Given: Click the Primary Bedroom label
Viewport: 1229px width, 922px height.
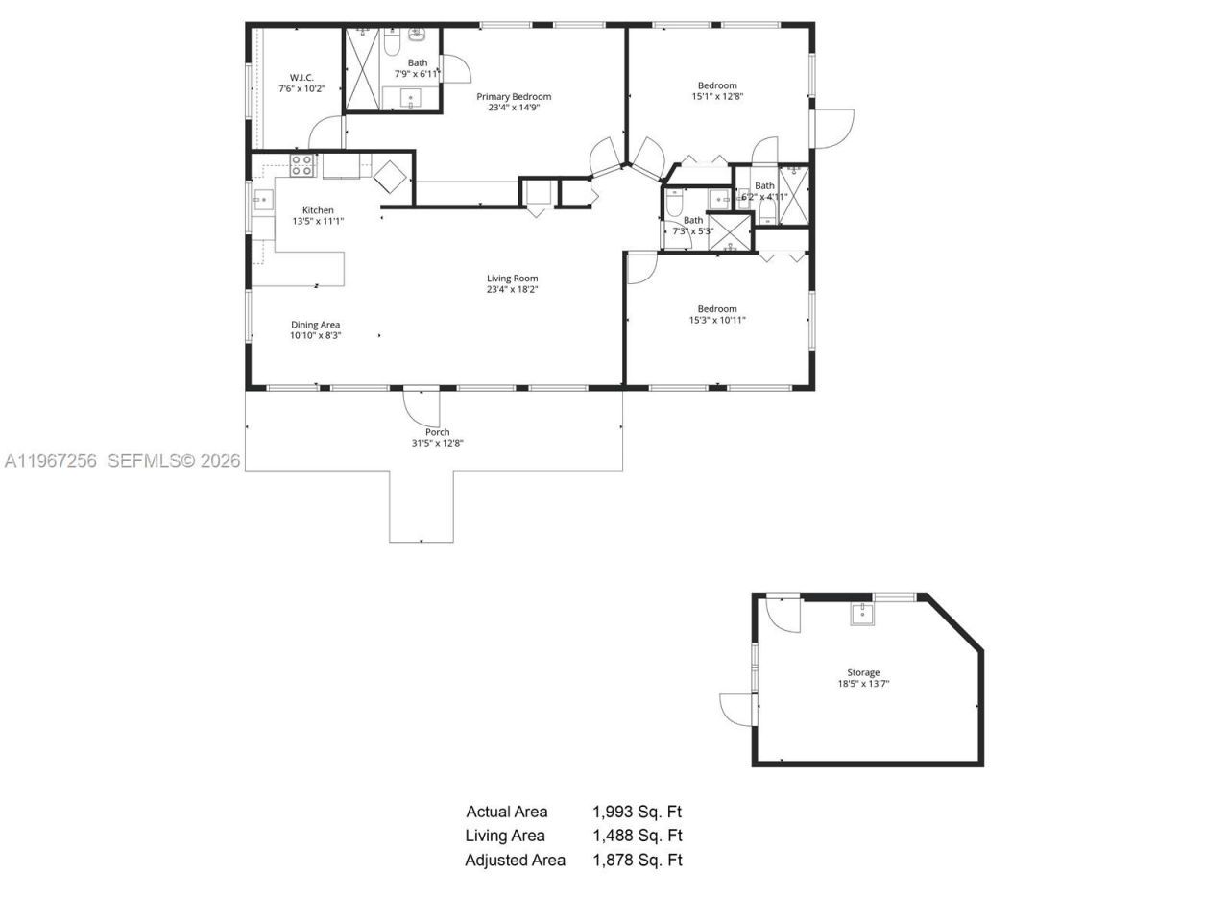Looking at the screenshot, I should [514, 96].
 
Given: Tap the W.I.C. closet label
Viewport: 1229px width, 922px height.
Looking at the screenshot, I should [301, 78].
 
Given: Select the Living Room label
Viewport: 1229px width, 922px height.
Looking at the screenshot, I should [512, 279].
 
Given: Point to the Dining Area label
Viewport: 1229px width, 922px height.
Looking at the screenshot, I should [315, 325].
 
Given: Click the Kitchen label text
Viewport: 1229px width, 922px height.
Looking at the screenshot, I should [318, 210].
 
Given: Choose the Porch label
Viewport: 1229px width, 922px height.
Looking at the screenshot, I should [437, 432].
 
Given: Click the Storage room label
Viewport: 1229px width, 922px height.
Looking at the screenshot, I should [862, 672].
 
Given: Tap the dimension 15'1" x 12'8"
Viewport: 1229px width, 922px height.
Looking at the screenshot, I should [717, 96].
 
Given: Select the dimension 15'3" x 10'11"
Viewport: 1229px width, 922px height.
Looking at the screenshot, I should [717, 321].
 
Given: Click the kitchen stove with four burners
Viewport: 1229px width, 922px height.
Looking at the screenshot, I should [302, 165].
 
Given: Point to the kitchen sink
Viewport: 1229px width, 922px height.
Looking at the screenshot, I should [262, 200].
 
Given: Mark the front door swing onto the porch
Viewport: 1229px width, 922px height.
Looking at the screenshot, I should [421, 406].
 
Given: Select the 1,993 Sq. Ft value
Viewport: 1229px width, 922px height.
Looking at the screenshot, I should [637, 812].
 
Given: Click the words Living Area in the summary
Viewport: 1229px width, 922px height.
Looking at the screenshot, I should [505, 836].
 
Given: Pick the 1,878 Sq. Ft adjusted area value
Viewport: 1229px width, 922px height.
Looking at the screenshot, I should [637, 861].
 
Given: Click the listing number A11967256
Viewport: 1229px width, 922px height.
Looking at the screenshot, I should [51, 461].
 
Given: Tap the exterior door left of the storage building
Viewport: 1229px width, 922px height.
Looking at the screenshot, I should [737, 709].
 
